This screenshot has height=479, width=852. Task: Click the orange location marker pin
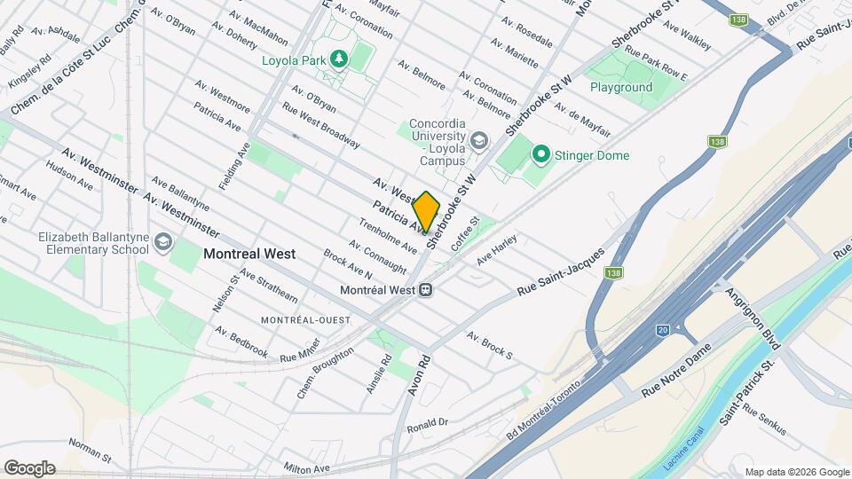tap(426, 211)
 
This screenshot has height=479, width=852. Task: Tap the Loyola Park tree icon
tap(337, 59)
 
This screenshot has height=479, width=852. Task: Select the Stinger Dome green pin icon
tap(540, 155)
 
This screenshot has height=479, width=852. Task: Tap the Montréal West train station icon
tap(426, 289)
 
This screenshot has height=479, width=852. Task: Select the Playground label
tap(621, 87)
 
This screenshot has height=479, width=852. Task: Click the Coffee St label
tap(466, 234)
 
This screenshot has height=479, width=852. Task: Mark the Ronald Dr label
tap(429, 423)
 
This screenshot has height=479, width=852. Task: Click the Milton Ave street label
tap(309, 467)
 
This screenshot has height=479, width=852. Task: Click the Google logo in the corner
tap(28, 467)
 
